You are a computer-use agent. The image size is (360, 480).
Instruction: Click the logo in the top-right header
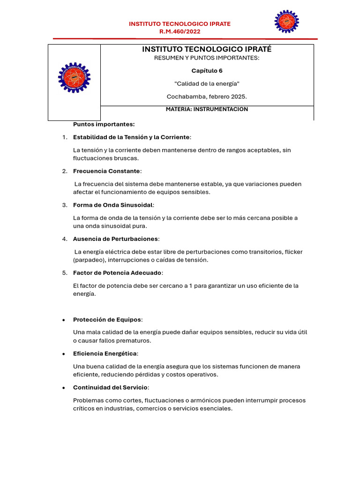pyautogui.click(x=286, y=22)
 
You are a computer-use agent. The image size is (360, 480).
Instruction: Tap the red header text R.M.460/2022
pyautogui.click(x=180, y=32)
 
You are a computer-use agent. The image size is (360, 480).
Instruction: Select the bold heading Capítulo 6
pyautogui.click(x=207, y=71)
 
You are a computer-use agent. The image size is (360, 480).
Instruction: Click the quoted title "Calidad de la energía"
pyautogui.click(x=207, y=83)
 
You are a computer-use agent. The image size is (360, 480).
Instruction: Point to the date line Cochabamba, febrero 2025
pyautogui.click(x=207, y=97)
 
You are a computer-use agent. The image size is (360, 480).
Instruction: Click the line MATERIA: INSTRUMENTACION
pyautogui.click(x=207, y=109)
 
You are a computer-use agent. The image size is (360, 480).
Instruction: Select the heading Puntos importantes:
pyautogui.click(x=104, y=124)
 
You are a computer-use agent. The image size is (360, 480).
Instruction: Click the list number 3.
pyautogui.click(x=64, y=205)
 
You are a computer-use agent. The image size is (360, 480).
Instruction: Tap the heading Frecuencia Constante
pyautogui.click(x=106, y=171)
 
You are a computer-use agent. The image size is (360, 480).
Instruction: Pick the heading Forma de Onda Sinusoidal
pyautogui.click(x=113, y=205)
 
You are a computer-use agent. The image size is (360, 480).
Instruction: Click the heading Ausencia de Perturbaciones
pyautogui.click(x=116, y=239)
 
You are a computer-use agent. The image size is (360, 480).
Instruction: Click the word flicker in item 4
pyautogui.click(x=293, y=252)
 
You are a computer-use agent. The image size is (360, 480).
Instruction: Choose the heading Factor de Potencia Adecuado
pyautogui.click(x=118, y=273)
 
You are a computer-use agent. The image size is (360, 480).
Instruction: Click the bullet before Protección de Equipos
pyautogui.click(x=64, y=320)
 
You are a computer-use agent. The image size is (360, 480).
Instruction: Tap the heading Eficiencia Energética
pyautogui.click(x=105, y=353)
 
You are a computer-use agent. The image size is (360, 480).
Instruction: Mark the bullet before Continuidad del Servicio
pyautogui.click(x=64, y=388)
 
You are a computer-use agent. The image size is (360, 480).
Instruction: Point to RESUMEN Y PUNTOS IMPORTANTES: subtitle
pyautogui.click(x=207, y=58)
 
